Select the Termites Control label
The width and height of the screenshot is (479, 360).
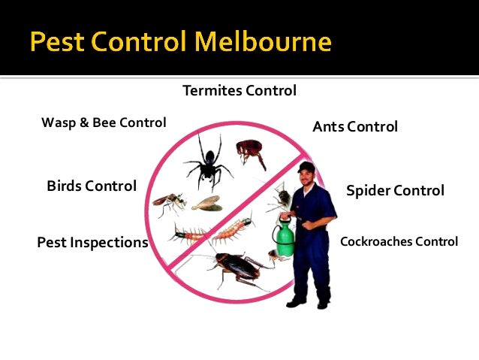click(239, 91)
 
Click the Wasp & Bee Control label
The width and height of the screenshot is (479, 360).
click(104, 122)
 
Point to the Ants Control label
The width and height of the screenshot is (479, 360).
click(355, 126)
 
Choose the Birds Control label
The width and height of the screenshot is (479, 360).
click(92, 186)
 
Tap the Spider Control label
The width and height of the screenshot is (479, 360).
click(395, 190)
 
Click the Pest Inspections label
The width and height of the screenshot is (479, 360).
click(92, 242)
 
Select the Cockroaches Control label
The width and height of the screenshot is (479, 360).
click(399, 241)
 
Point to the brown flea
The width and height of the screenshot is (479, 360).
click(251, 153)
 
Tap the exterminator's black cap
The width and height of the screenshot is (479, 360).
click(306, 166)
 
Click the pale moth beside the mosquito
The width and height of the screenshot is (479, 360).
click(205, 202)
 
